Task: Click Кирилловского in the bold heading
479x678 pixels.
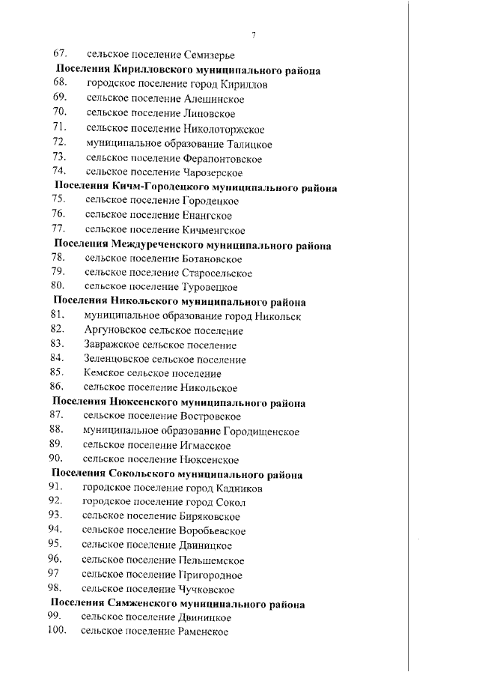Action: point(156,70)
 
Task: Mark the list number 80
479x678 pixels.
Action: point(58,286)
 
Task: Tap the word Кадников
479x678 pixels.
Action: point(240,488)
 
